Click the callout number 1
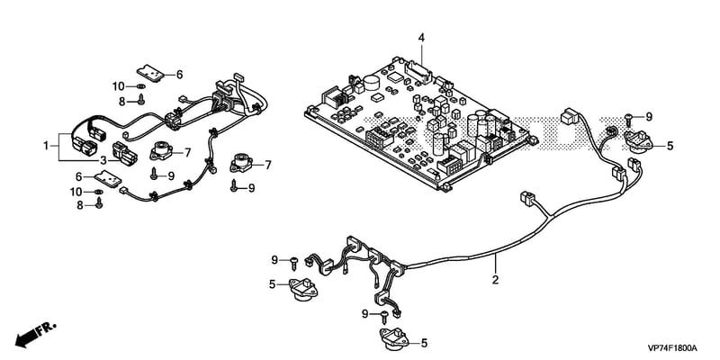pyautogui.click(x=46, y=146)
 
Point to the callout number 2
pyautogui.click(x=495, y=279)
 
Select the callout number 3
pyautogui.click(x=103, y=160)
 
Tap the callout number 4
pyautogui.click(x=421, y=38)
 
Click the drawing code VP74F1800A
pyautogui.click(x=672, y=347)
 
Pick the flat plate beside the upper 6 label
pyautogui.click(x=150, y=73)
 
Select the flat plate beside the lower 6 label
pyautogui.click(x=108, y=178)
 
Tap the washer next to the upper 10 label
pyautogui.click(x=141, y=86)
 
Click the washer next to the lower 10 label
pyautogui.click(x=99, y=192)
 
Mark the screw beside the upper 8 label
pyautogui.click(x=141, y=99)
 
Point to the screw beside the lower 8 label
pyautogui.click(x=99, y=202)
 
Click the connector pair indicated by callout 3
pyautogui.click(x=125, y=153)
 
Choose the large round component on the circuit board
pyautogui.click(x=372, y=83)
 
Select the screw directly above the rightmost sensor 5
pyautogui.click(x=631, y=119)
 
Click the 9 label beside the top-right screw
pyautogui.click(x=649, y=117)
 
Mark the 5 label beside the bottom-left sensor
pyautogui.click(x=273, y=284)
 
